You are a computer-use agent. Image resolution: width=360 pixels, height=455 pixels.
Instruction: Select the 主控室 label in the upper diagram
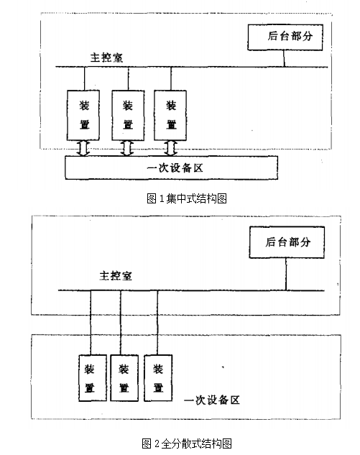click(x=106, y=58)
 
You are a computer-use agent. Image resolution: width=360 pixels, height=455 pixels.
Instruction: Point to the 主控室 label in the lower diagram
click(x=116, y=275)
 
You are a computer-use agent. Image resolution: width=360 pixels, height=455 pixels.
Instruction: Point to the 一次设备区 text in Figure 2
click(x=212, y=400)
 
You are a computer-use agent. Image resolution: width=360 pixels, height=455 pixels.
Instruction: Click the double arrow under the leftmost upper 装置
click(x=83, y=149)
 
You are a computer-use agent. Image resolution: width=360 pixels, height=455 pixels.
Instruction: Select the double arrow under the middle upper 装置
click(x=127, y=149)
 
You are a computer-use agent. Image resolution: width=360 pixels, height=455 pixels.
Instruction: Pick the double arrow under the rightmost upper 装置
click(x=170, y=149)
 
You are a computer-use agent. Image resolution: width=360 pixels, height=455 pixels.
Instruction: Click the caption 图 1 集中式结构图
click(x=187, y=199)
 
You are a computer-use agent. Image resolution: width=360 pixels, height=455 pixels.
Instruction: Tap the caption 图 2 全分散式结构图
click(x=187, y=443)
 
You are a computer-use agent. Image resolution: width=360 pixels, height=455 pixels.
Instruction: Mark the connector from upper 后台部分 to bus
click(x=284, y=59)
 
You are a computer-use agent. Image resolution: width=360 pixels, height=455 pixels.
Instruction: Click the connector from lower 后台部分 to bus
click(x=286, y=274)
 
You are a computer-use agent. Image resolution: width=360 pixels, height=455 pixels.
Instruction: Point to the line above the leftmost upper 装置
click(x=84, y=78)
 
